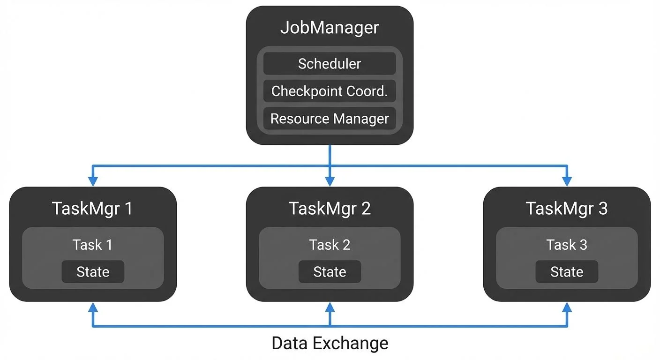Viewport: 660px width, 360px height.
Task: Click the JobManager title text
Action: coord(330,28)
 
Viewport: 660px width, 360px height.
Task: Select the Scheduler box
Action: coord(330,64)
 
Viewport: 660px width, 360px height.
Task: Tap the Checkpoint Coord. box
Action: coord(330,91)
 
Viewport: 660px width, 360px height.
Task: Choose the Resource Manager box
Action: coord(330,119)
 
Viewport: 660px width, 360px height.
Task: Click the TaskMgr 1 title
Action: coord(92,208)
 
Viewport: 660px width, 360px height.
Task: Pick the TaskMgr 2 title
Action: coord(330,208)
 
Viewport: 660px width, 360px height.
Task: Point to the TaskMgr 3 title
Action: coord(567,208)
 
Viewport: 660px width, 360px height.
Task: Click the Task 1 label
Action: coord(92,244)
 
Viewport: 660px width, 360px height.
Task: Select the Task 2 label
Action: coord(330,244)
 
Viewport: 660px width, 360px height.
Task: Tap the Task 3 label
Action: coord(567,244)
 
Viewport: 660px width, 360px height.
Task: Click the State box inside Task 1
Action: coord(93,272)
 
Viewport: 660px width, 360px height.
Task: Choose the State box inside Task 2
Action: coord(330,272)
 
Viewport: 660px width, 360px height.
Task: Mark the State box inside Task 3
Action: coord(567,272)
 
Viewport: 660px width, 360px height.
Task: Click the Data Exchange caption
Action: coord(330,343)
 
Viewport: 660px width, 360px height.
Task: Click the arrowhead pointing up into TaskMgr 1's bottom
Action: coord(93,307)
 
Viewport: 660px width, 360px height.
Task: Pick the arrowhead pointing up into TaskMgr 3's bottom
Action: coord(567,307)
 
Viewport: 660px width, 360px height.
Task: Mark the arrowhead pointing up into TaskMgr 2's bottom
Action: coord(330,307)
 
